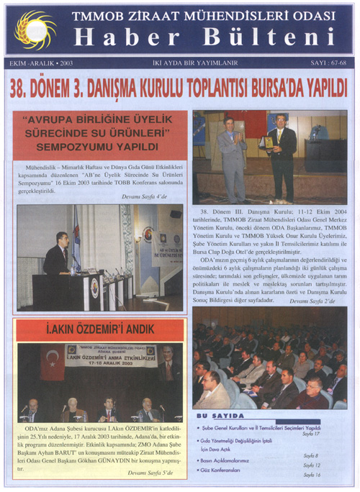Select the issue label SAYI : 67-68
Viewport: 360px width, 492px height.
321,63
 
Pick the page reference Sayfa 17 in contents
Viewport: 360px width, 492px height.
310,434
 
